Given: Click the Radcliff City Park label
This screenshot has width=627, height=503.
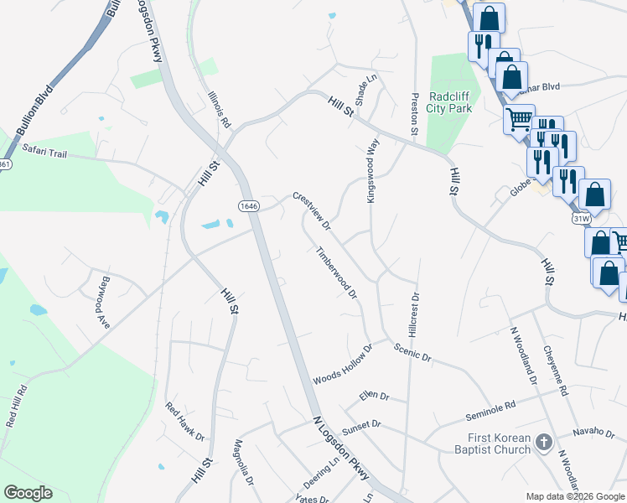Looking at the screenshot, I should (x=449, y=101).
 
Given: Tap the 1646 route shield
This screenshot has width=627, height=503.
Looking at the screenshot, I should (x=248, y=205).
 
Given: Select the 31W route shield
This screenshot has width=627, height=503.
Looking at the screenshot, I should (x=579, y=218).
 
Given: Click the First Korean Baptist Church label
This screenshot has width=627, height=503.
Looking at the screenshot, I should (x=500, y=443).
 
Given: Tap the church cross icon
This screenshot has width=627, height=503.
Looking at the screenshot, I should (x=543, y=441).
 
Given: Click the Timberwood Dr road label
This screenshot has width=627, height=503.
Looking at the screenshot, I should (x=336, y=272).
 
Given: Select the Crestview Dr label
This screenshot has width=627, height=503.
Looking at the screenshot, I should (x=312, y=210).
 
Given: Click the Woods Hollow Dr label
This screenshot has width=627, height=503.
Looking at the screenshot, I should (x=342, y=366).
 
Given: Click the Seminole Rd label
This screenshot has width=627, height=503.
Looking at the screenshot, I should (x=490, y=411).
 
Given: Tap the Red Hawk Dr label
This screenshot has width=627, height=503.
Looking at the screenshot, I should (x=184, y=422).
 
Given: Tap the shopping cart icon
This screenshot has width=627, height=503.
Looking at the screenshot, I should (x=519, y=120).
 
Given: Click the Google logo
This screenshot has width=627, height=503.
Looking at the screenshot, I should (x=28, y=493).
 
